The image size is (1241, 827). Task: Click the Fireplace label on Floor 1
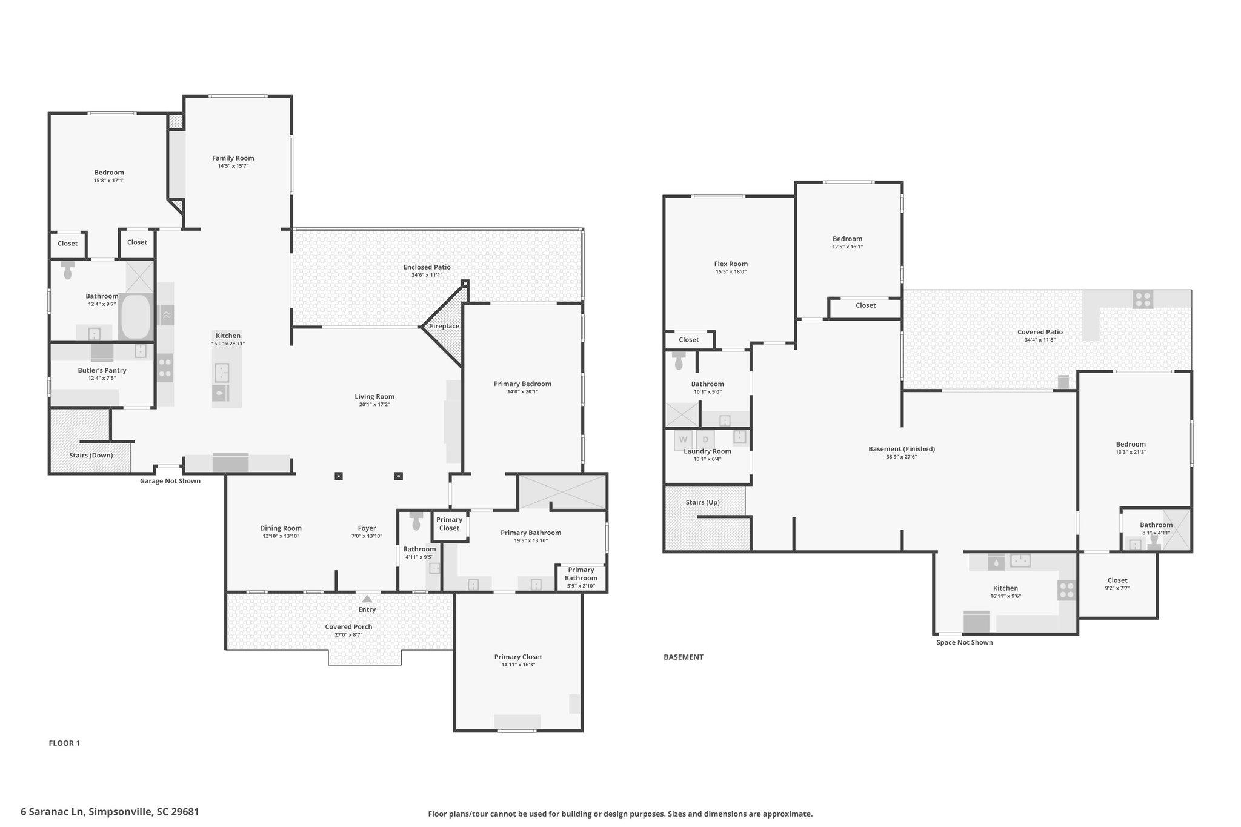(444, 326)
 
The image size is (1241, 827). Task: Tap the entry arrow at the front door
(367, 599)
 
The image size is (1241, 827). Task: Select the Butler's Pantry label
(102, 370)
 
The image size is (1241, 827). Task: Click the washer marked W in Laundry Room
(684, 440)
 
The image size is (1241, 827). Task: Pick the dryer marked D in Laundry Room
(705, 440)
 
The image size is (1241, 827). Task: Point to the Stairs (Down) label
(91, 455)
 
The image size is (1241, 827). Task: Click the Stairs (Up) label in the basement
(703, 502)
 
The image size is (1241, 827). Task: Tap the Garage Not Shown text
(170, 481)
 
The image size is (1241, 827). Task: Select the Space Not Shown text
(965, 642)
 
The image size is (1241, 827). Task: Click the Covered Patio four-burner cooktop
(1143, 299)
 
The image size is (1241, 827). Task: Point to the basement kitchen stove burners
(1067, 590)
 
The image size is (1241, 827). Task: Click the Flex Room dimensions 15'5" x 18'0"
(731, 272)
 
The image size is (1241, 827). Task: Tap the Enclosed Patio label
(427, 267)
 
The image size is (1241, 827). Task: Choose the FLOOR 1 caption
(64, 743)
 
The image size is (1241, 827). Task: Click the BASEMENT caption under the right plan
(684, 657)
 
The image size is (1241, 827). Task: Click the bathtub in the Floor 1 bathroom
(136, 316)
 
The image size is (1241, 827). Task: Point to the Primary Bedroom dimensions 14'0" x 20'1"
(522, 391)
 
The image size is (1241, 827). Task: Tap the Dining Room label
(281, 528)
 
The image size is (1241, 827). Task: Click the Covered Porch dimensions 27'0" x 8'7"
(348, 635)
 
